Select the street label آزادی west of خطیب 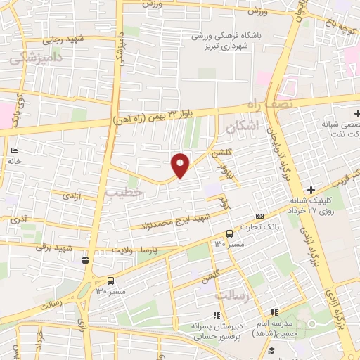pyautogui.click(x=74, y=196)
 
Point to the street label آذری pyautogui.click(x=20, y=220)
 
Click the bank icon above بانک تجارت pyautogui.click(x=259, y=216)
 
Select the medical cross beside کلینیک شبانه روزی pyautogui.click(x=310, y=190)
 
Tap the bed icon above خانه pyautogui.click(x=14, y=151)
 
